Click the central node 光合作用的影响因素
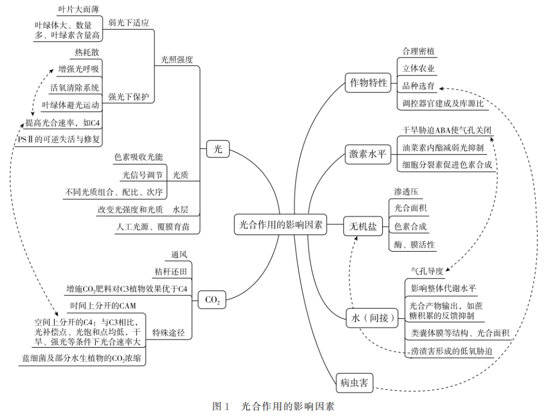(x=281, y=224)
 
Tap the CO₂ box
(x=212, y=300)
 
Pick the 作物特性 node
(x=369, y=83)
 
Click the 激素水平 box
(x=369, y=154)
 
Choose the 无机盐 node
(x=362, y=227)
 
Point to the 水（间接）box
(x=372, y=317)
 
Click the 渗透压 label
(x=406, y=192)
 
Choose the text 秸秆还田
(x=171, y=272)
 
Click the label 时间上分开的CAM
(x=103, y=305)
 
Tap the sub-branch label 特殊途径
(x=169, y=332)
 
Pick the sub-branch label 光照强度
(x=177, y=59)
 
